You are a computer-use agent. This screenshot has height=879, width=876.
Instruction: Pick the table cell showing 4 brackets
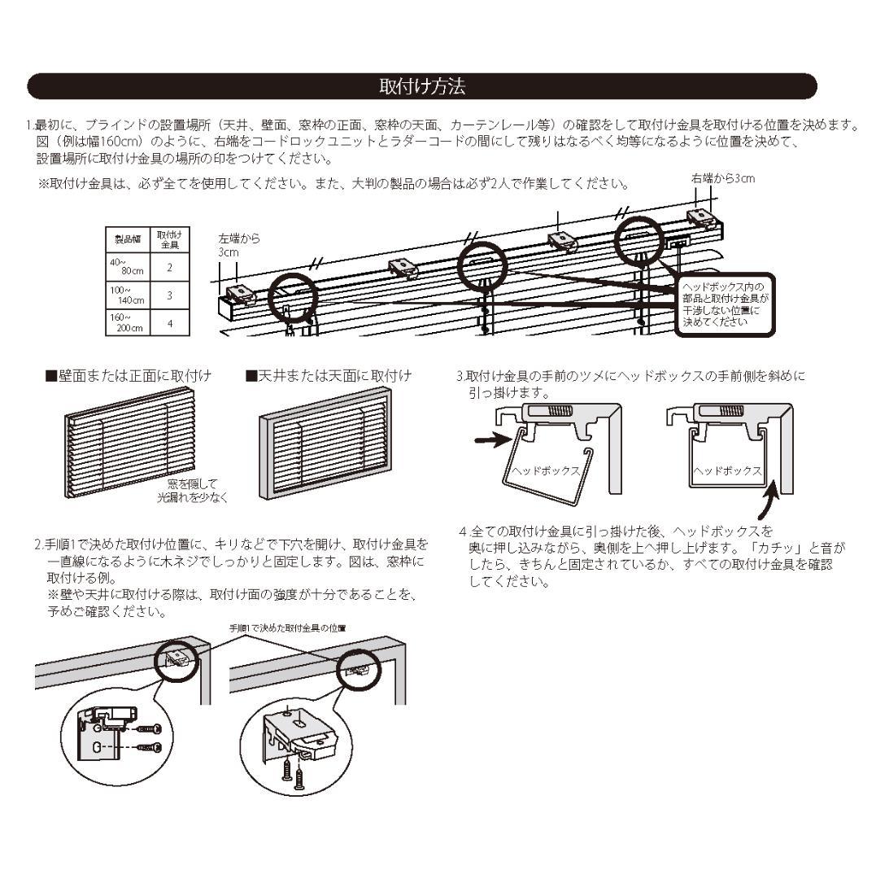tap(169, 322)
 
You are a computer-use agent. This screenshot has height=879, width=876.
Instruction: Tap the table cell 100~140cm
tap(128, 295)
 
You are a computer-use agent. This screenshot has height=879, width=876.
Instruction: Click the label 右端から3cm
tap(722, 178)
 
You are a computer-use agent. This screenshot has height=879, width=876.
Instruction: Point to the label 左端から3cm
tap(238, 246)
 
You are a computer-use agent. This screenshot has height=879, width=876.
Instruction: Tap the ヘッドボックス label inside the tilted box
tap(545, 470)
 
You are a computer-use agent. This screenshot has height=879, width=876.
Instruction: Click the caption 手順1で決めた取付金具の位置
tap(287, 628)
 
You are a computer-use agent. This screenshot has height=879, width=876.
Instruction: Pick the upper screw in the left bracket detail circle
tap(147, 729)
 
